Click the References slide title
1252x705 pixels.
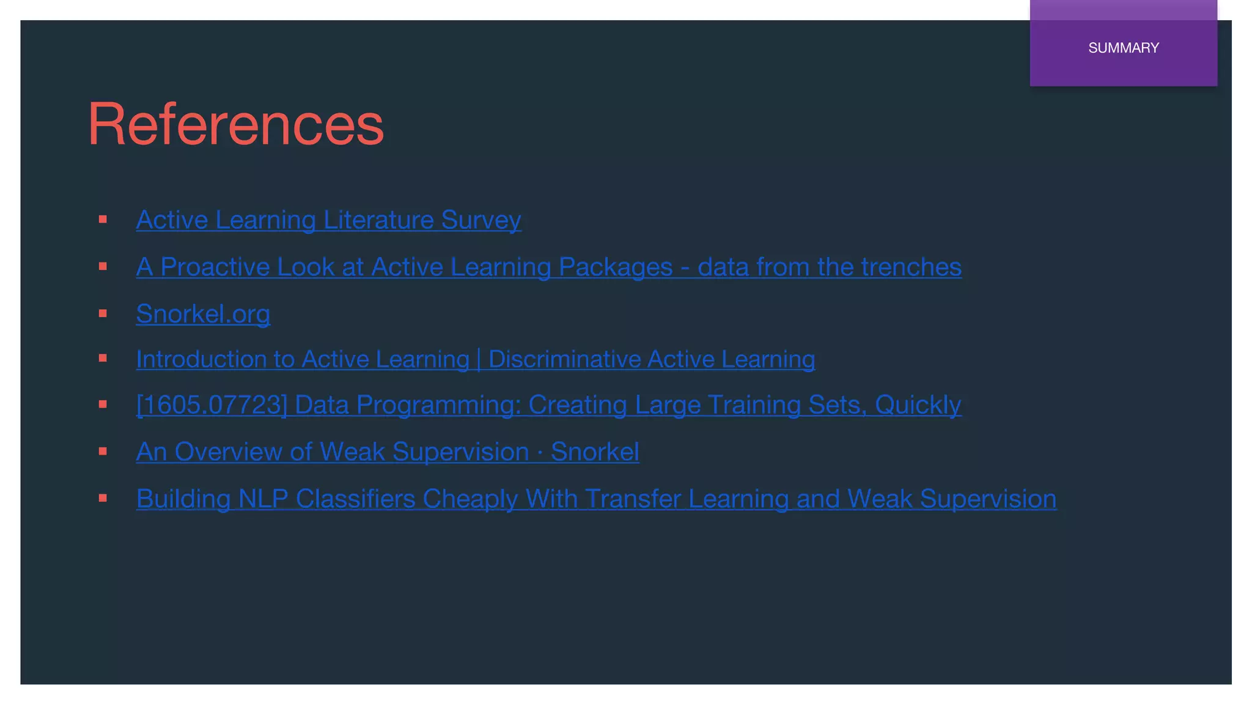pyautogui.click(x=235, y=124)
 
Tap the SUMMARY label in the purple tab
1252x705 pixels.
pyautogui.click(x=1123, y=48)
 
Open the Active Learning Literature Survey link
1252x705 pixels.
pyautogui.click(x=328, y=220)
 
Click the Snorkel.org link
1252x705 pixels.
pyautogui.click(x=203, y=314)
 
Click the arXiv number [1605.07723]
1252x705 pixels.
pyautogui.click(x=212, y=405)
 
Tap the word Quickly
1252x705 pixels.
pyautogui.click(x=918, y=405)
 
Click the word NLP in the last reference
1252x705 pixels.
pyautogui.click(x=263, y=499)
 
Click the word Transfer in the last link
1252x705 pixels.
pyautogui.click(x=632, y=499)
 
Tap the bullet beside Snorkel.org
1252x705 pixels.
pyautogui.click(x=103, y=313)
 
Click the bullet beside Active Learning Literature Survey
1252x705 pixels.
pyautogui.click(x=103, y=219)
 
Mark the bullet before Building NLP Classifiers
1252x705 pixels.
pyautogui.click(x=103, y=498)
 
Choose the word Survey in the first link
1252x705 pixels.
pyautogui.click(x=481, y=220)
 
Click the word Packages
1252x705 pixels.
pyautogui.click(x=615, y=267)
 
